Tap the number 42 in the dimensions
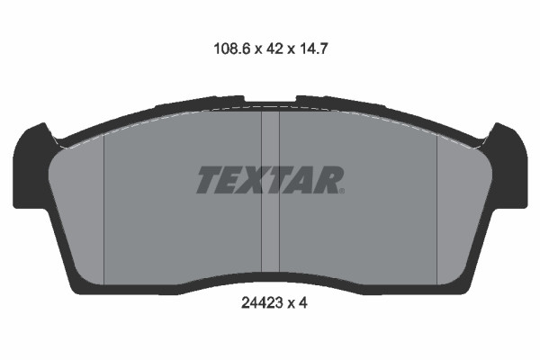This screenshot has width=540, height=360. point(274,49)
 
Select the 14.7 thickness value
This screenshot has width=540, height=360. point(313,49)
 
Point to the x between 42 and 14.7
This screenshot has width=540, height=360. point(292,50)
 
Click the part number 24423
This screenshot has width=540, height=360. point(262,302)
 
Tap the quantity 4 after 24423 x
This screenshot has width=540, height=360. point(302,302)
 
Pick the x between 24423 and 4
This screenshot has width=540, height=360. point(291,304)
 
